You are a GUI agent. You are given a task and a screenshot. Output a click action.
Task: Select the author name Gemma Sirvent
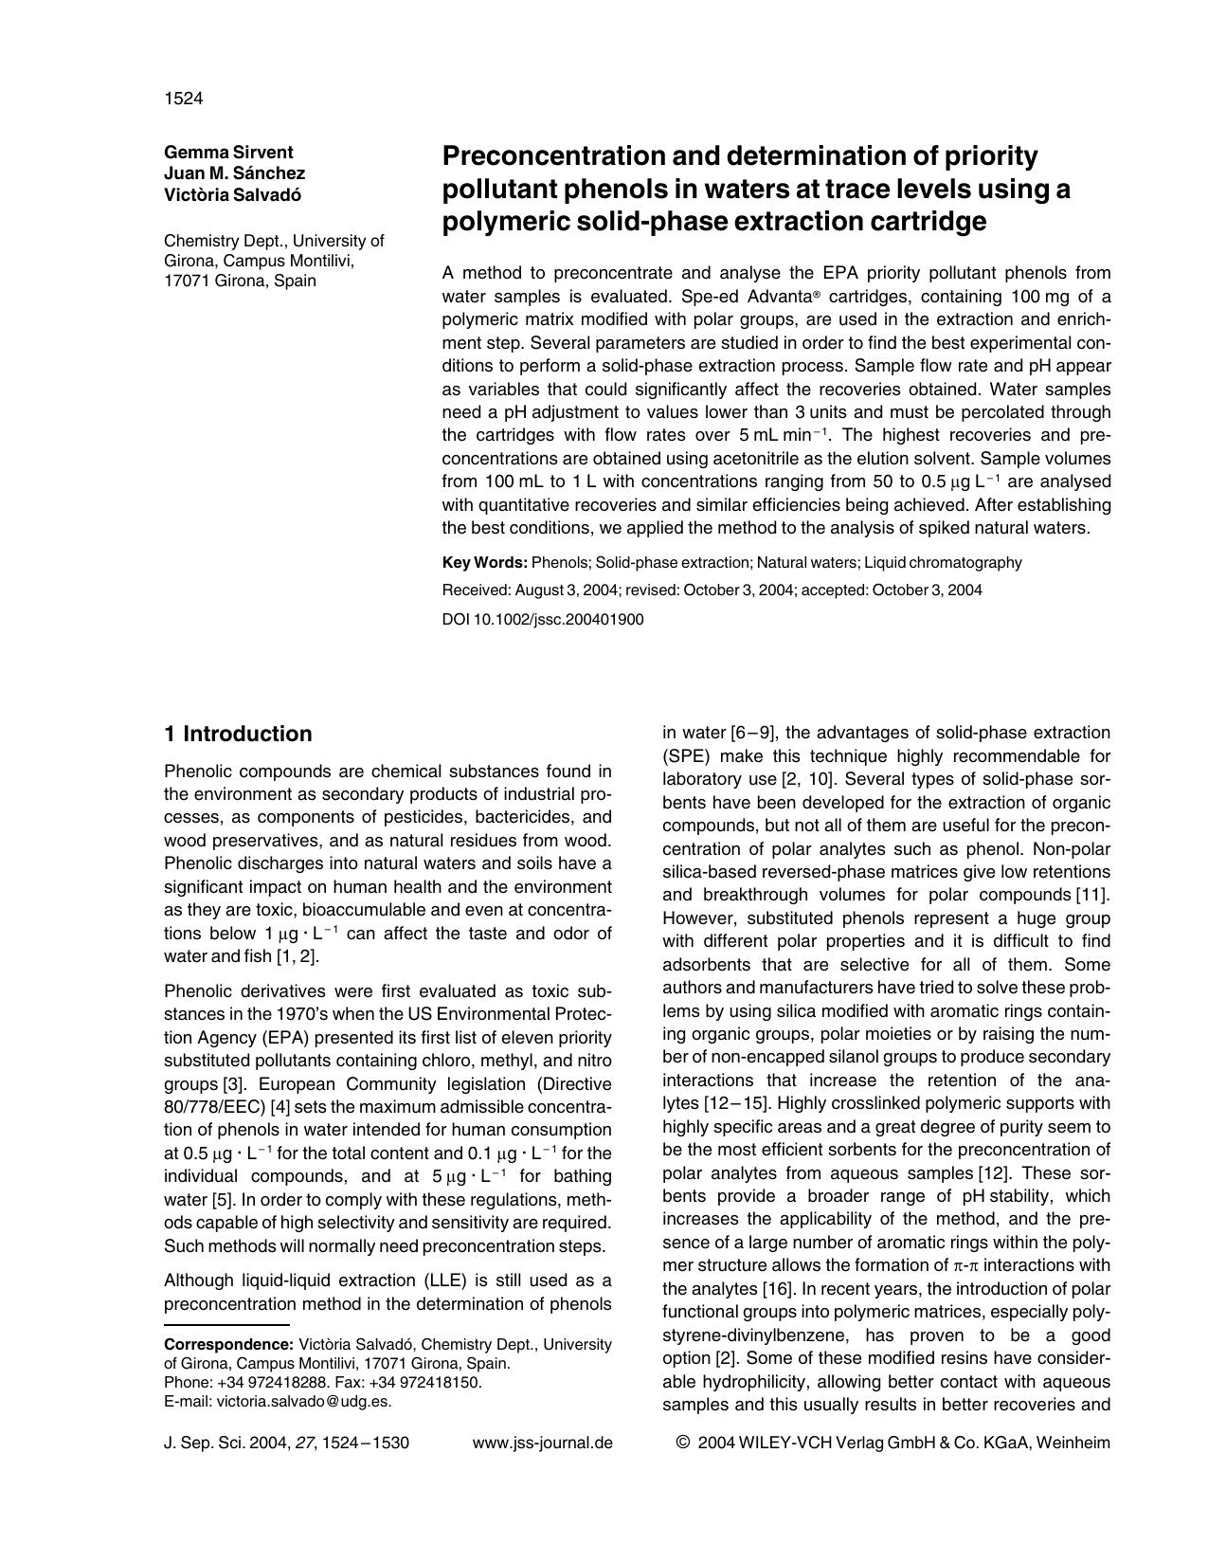(x=228, y=153)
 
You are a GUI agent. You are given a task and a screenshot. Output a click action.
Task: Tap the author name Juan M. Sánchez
(x=234, y=173)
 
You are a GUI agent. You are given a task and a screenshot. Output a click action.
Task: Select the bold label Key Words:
(x=484, y=563)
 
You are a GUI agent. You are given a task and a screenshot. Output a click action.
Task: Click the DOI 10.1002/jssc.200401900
(x=543, y=620)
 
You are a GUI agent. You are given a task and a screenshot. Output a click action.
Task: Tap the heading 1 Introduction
(x=237, y=735)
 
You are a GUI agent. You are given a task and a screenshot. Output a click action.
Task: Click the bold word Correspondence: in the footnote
(x=228, y=1345)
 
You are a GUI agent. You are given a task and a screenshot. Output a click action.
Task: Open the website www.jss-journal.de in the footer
(x=542, y=1444)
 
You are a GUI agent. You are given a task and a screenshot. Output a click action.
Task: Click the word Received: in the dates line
(x=477, y=590)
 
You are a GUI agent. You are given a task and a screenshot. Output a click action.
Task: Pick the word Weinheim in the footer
(x=1074, y=1444)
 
